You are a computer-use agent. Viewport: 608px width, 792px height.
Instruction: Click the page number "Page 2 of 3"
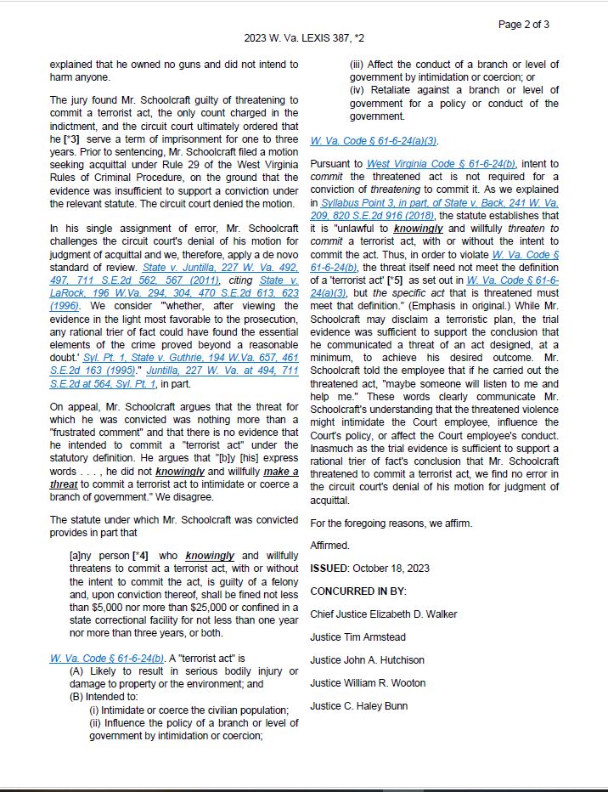[x=523, y=24]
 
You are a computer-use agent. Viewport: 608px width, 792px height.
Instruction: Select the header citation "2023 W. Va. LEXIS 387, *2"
[x=304, y=38]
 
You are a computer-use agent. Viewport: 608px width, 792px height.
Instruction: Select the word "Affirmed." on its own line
[x=329, y=545]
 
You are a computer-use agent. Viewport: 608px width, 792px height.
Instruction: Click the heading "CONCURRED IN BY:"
[x=358, y=591]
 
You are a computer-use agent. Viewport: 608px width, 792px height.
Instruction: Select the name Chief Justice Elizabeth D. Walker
[x=384, y=614]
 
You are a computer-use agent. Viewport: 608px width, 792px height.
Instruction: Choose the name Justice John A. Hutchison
[x=367, y=659]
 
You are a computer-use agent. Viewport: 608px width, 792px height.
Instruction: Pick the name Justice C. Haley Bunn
[x=358, y=705]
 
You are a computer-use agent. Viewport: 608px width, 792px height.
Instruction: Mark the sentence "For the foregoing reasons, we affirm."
[x=391, y=523]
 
